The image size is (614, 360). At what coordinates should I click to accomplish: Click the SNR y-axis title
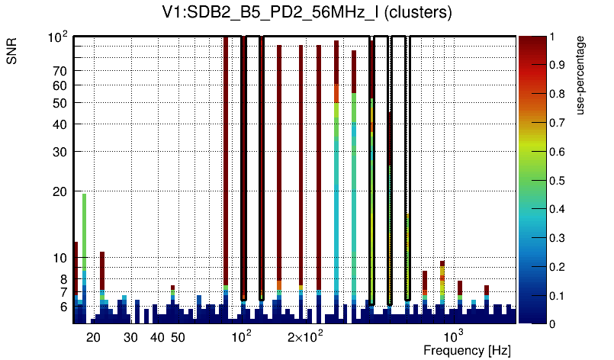point(14,52)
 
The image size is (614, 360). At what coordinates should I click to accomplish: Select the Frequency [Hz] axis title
point(466,350)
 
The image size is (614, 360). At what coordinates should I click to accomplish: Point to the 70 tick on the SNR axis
point(60,71)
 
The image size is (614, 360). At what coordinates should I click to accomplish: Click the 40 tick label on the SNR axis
point(60,124)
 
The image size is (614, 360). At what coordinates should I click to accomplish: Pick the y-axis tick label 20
point(60,191)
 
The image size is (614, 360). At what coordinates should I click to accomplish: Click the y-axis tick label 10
point(60,259)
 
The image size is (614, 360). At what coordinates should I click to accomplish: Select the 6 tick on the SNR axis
point(64,307)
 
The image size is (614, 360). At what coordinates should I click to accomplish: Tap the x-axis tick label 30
point(130,337)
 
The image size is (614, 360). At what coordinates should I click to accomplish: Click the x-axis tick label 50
point(178,337)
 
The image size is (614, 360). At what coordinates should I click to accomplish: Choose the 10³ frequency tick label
point(453,336)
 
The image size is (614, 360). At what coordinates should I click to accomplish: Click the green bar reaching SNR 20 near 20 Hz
point(84,229)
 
